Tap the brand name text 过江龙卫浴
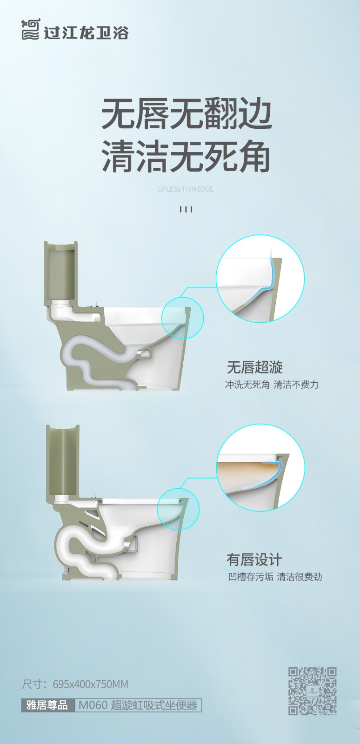(86, 33)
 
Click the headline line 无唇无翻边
(187, 114)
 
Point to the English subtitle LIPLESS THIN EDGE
(185, 189)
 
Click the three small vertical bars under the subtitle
(186, 209)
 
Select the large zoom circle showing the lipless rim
(260, 279)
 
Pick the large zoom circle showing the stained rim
(260, 468)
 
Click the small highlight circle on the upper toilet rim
(183, 318)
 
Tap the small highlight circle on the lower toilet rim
(178, 509)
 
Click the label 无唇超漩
(255, 367)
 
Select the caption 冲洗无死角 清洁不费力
(272, 385)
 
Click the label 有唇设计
(254, 559)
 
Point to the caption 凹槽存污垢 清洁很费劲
(275, 577)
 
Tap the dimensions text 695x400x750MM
(90, 684)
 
